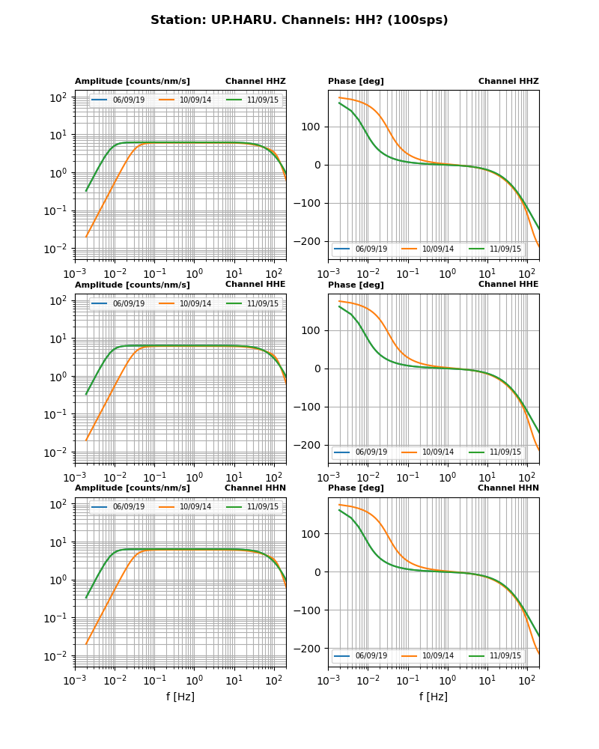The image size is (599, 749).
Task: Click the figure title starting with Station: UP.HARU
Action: [299, 20]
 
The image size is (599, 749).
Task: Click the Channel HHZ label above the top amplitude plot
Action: [255, 82]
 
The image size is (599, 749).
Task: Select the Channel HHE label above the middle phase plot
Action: [508, 285]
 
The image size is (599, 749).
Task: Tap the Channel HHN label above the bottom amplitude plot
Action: [255, 488]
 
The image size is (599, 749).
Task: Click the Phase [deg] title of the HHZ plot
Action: [356, 82]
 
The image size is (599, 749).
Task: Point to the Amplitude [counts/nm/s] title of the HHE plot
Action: [133, 285]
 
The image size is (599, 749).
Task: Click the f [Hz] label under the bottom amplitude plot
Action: [180, 697]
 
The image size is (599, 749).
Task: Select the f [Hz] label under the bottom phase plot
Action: [434, 697]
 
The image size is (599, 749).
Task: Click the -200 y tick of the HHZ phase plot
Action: [309, 242]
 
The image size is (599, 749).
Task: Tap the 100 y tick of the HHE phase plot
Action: [313, 330]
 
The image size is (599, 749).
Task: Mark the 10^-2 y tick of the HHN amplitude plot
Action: [58, 656]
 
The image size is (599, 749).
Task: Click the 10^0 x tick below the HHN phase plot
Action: [447, 681]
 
